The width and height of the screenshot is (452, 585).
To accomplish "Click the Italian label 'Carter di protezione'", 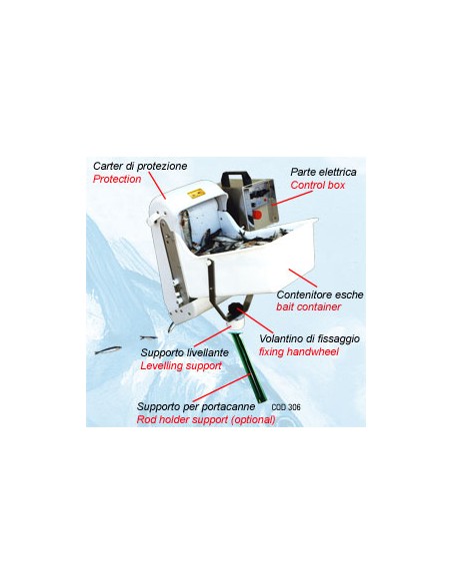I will pos(140,166).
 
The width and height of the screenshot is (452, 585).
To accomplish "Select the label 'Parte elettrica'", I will pos(324,172).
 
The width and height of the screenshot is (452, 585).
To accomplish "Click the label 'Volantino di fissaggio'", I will pos(310,339).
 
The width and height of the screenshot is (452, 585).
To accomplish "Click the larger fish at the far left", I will pos(108,351).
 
